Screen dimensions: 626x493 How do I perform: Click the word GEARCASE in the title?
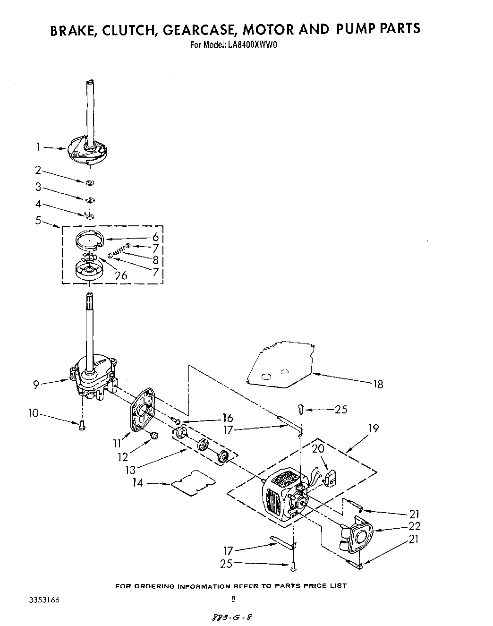click(199, 29)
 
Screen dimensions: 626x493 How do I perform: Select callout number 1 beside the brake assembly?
click(38, 147)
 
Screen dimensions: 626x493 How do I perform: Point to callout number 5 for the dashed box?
click(38, 220)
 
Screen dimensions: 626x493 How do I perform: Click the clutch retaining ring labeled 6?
click(90, 240)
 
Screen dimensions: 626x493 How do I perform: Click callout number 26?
click(121, 275)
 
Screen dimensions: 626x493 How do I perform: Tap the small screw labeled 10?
click(82, 424)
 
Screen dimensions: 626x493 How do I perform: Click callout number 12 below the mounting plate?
click(123, 457)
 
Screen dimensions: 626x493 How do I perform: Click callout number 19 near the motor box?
click(374, 429)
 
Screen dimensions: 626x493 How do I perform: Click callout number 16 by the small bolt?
click(227, 418)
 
